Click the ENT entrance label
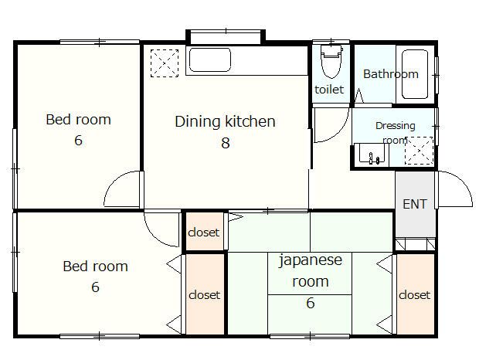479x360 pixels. (415, 204)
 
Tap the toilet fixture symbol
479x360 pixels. (331, 61)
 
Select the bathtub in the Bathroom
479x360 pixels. (415, 74)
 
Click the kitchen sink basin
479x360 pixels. (210, 59)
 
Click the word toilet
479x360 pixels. (329, 90)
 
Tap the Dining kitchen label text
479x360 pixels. (225, 121)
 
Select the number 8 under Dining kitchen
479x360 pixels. (226, 143)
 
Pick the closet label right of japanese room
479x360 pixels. (415, 295)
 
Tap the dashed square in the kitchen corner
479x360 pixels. (165, 63)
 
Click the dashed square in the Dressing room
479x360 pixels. (419, 151)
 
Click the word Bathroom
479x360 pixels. (391, 74)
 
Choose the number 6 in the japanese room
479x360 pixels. (311, 303)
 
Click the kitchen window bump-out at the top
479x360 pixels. (226, 37)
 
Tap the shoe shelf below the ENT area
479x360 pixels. (416, 244)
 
